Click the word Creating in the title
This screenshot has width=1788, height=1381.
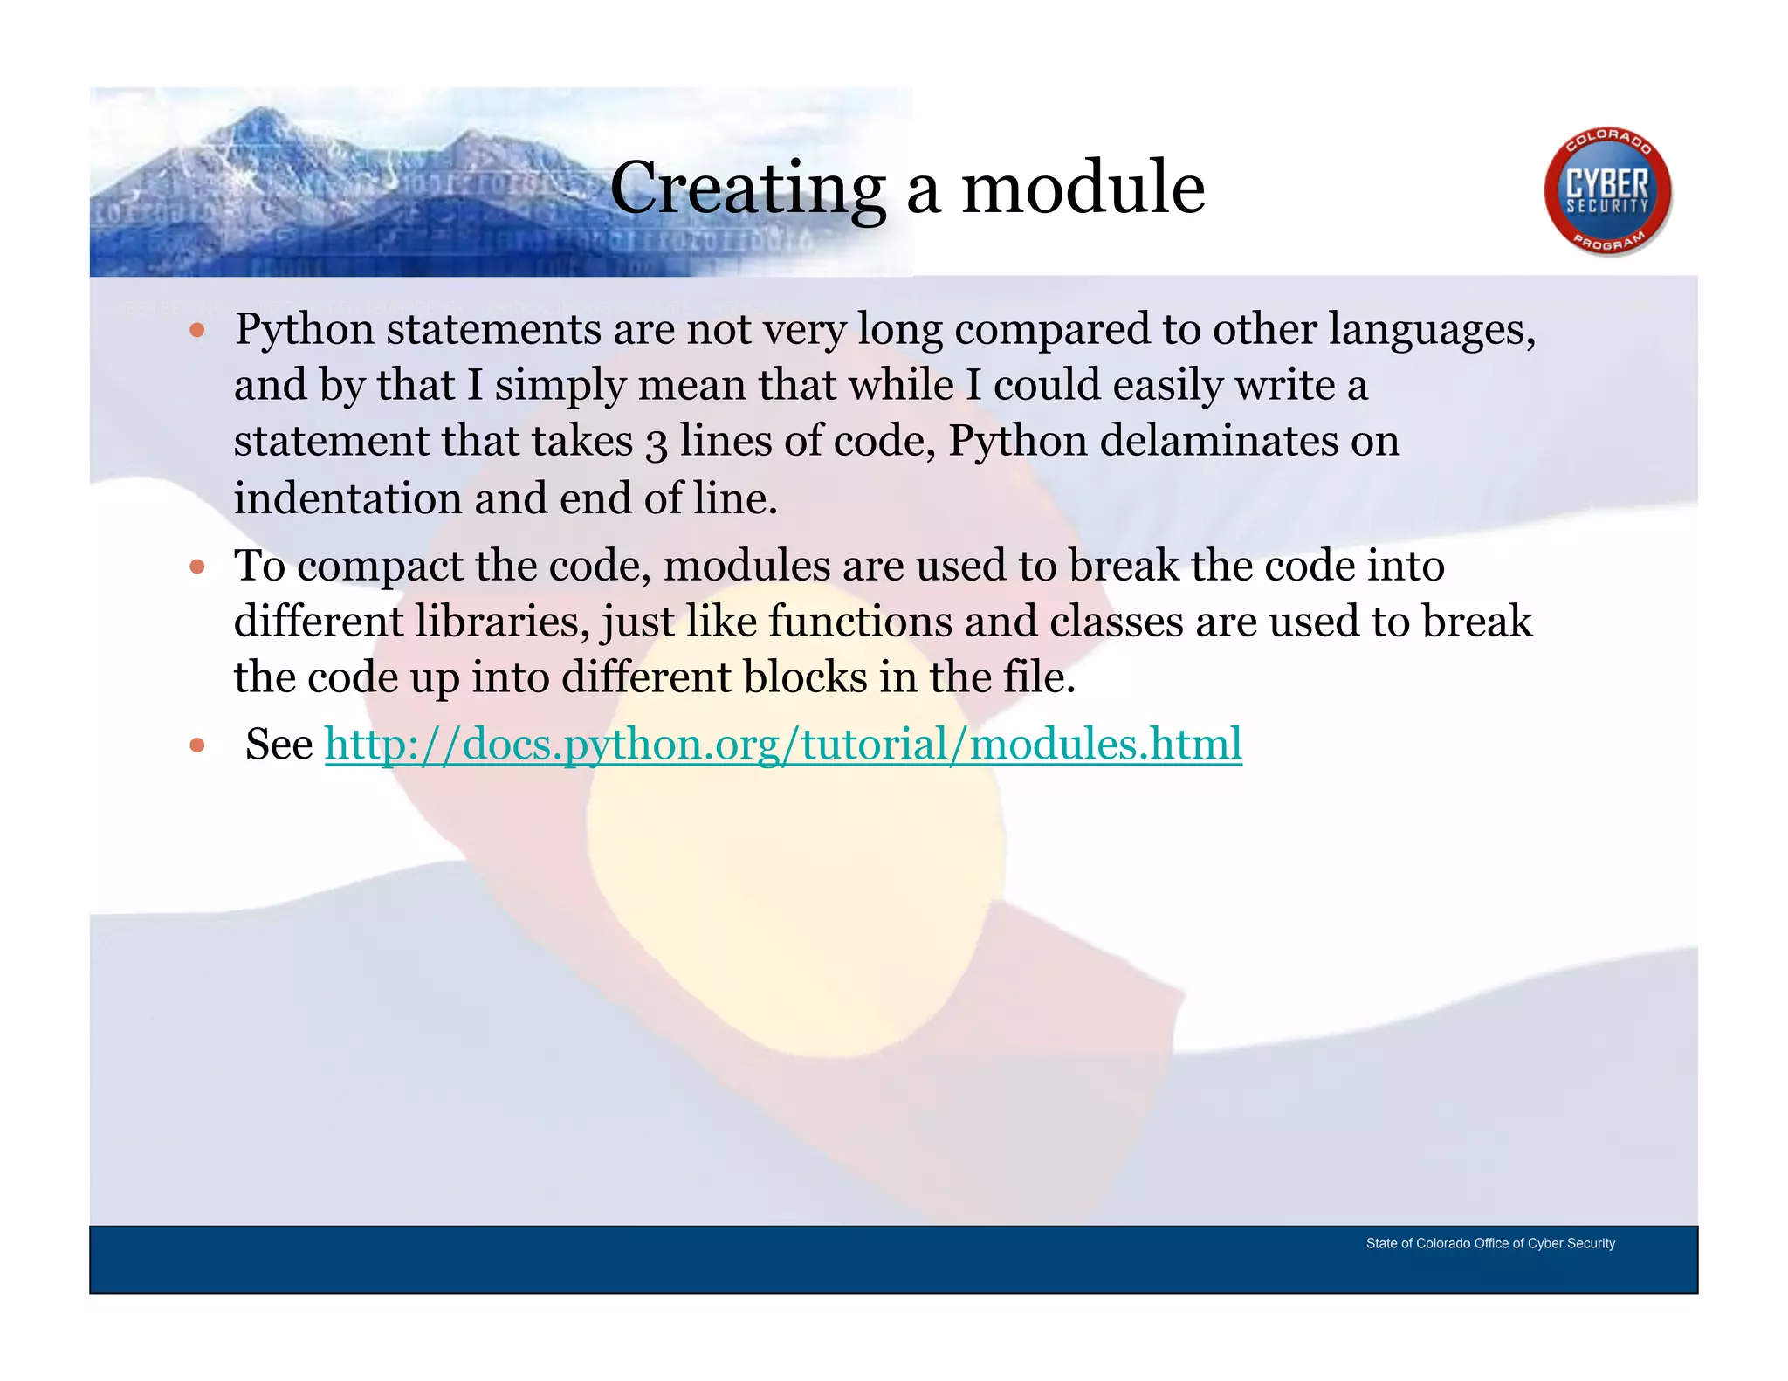pyautogui.click(x=747, y=188)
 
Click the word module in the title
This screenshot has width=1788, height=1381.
pyautogui.click(x=1083, y=188)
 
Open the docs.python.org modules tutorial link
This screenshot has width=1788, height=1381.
pyautogui.click(x=783, y=745)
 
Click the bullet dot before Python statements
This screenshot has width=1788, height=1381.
pyautogui.click(x=197, y=331)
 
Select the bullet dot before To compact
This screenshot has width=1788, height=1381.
pyautogui.click(x=197, y=567)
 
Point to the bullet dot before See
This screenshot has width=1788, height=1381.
pyautogui.click(x=197, y=745)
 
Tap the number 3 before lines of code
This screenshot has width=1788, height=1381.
pyautogui.click(x=657, y=443)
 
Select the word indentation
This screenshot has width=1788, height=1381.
pyautogui.click(x=347, y=498)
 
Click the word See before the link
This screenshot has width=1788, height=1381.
pyautogui.click(x=279, y=745)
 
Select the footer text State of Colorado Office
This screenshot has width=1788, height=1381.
pyautogui.click(x=1489, y=1243)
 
